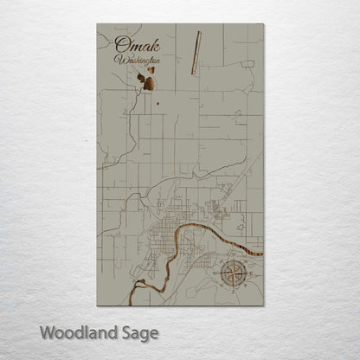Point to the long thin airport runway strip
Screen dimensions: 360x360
tap(196, 53)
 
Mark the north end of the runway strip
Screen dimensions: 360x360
tap(198, 33)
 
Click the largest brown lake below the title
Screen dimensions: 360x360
tap(150, 84)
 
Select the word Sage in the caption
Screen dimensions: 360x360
tap(138, 332)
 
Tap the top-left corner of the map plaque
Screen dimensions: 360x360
tap(98, 24)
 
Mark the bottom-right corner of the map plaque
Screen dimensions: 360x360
tap(263, 305)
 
